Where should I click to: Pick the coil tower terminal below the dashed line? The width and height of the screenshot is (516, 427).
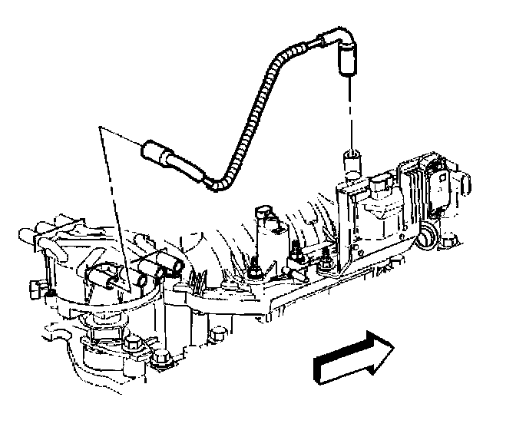pyautogui.click(x=352, y=161)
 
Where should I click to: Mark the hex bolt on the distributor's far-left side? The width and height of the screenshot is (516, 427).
pyautogui.click(x=35, y=289)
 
